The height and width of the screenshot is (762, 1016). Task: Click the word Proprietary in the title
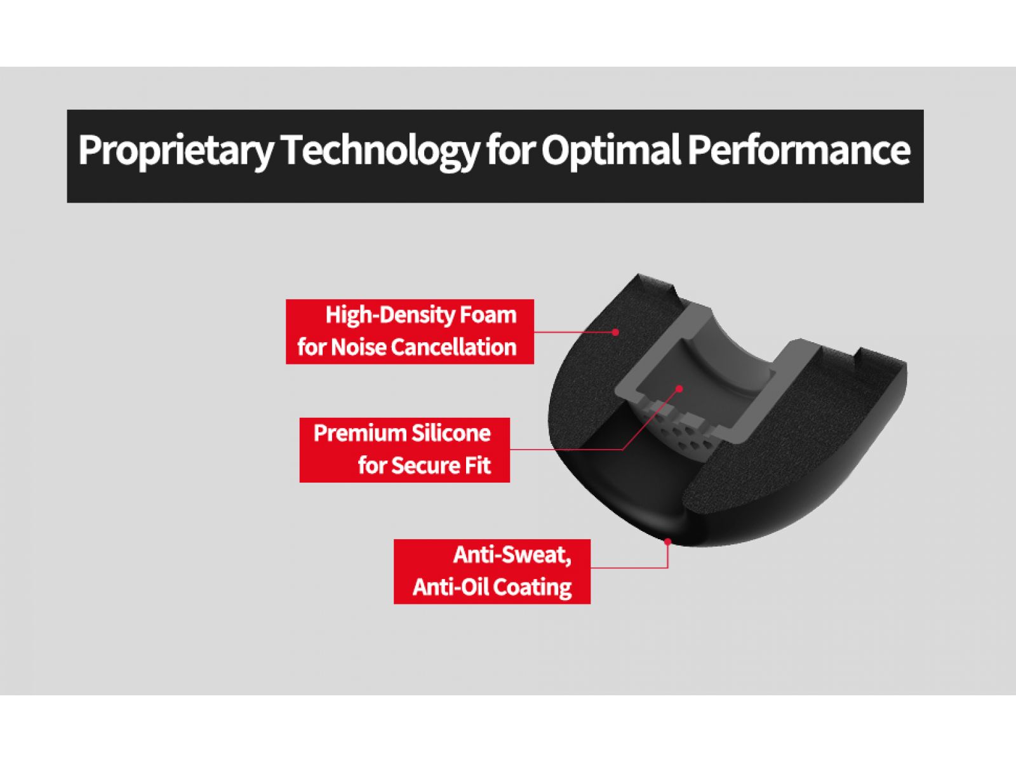point(176,151)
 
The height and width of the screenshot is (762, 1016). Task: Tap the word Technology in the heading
point(380,151)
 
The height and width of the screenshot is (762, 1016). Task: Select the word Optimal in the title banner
point(610,150)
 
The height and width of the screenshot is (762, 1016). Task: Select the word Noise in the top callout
point(359,347)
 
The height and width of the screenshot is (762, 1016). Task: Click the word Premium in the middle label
point(359,434)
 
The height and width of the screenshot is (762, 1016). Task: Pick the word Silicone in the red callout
point(450,434)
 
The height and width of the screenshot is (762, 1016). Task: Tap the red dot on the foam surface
point(615,332)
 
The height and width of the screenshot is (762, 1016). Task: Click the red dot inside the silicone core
point(679,389)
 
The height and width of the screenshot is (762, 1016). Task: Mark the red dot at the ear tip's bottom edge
point(667,541)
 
